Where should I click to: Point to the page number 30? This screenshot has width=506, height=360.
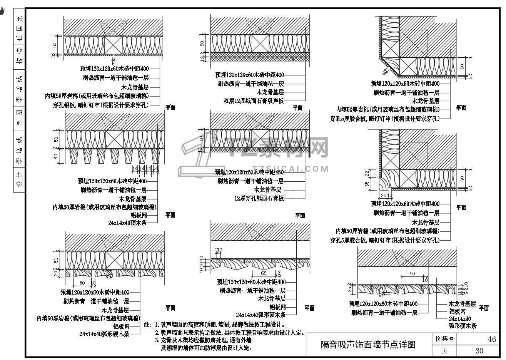(479, 350)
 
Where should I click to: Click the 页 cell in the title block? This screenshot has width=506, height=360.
(444, 350)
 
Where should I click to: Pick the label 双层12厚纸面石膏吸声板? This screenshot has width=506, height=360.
(254, 101)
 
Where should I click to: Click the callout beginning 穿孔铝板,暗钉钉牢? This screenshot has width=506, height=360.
(100, 105)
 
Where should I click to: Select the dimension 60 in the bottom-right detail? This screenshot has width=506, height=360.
(412, 274)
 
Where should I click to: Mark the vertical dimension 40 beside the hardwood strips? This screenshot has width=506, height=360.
(56, 156)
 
